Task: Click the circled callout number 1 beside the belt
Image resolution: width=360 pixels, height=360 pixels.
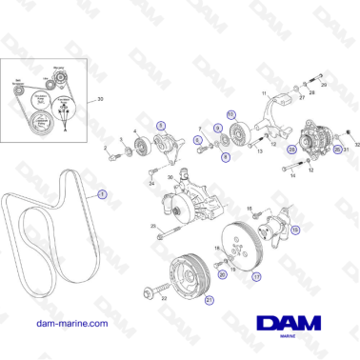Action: [x=103, y=191]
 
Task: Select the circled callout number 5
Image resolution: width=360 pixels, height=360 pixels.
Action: [x=160, y=125]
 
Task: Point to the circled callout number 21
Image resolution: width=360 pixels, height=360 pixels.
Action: [x=210, y=300]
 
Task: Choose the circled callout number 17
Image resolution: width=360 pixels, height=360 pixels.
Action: [x=255, y=277]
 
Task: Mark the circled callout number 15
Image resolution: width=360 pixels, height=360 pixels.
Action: [x=293, y=230]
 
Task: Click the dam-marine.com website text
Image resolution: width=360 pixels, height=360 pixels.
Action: [x=68, y=323]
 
